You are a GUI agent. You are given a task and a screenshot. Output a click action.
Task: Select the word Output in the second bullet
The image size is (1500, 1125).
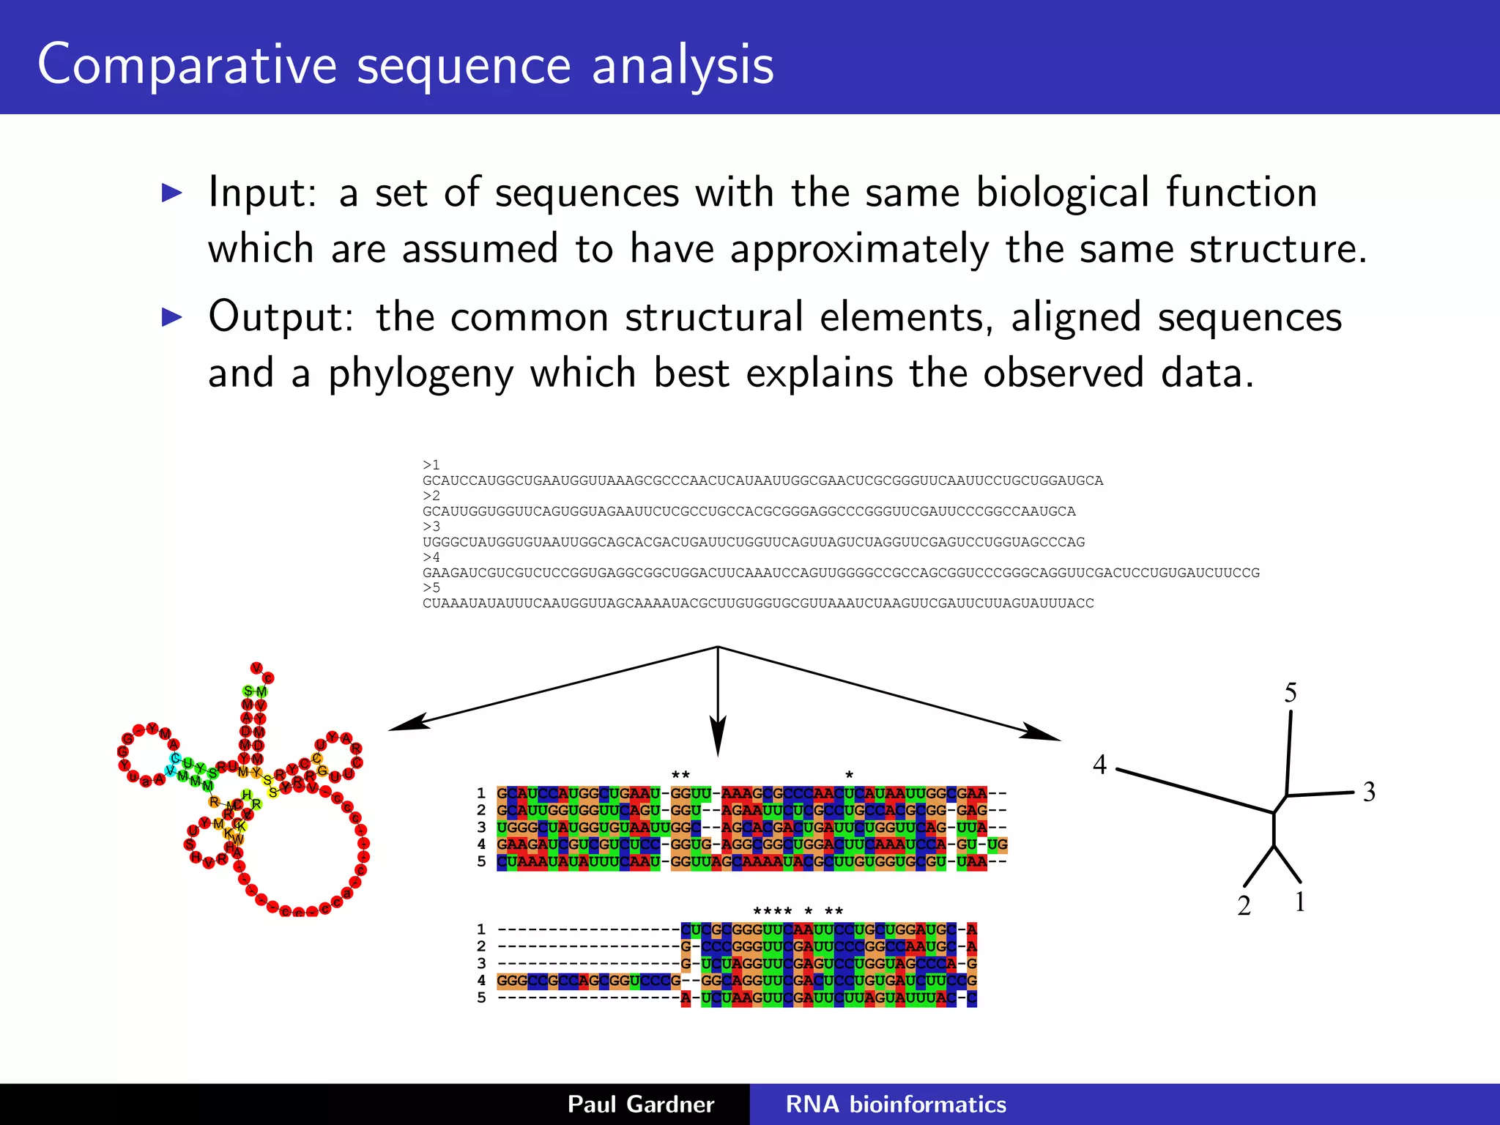point(281,317)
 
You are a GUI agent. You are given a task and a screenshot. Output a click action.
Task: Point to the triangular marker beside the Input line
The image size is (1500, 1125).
point(172,193)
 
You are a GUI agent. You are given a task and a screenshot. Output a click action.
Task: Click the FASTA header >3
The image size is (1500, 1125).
point(431,527)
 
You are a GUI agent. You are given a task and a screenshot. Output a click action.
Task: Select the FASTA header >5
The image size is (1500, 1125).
point(431,587)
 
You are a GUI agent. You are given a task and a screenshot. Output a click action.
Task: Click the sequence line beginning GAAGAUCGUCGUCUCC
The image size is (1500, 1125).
point(841,573)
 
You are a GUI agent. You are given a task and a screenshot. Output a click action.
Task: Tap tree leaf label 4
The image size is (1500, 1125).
point(1099,765)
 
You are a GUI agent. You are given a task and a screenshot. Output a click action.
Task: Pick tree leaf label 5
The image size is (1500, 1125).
point(1291,693)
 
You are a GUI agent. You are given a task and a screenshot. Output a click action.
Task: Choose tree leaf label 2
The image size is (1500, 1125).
point(1244,906)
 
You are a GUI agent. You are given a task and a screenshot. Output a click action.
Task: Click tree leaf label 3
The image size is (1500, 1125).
point(1369,792)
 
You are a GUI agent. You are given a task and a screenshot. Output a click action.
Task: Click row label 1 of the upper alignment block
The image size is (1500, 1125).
point(481,793)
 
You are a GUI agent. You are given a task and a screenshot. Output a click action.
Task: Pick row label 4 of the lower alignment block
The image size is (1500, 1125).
point(481,981)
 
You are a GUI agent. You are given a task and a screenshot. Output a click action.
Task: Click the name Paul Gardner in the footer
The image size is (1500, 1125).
point(641,1104)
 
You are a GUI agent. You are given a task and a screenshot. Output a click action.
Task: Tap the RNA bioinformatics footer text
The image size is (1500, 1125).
point(896,1104)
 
